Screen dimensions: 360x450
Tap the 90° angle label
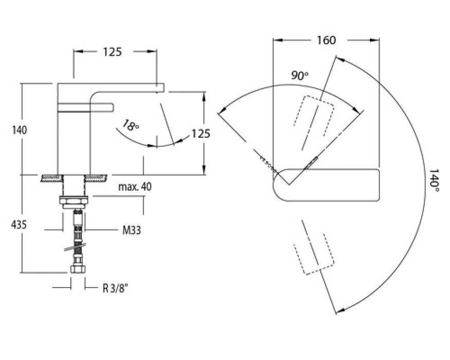click(300, 75)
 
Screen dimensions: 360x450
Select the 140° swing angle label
click(435, 179)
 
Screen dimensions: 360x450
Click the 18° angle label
click(130, 126)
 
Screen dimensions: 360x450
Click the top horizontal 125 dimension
click(112, 51)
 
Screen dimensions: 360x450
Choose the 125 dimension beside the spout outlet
click(201, 134)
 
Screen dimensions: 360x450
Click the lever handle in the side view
click(85, 107)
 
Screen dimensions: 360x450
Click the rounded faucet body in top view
click(329, 184)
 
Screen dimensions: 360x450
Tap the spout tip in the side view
click(160, 87)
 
